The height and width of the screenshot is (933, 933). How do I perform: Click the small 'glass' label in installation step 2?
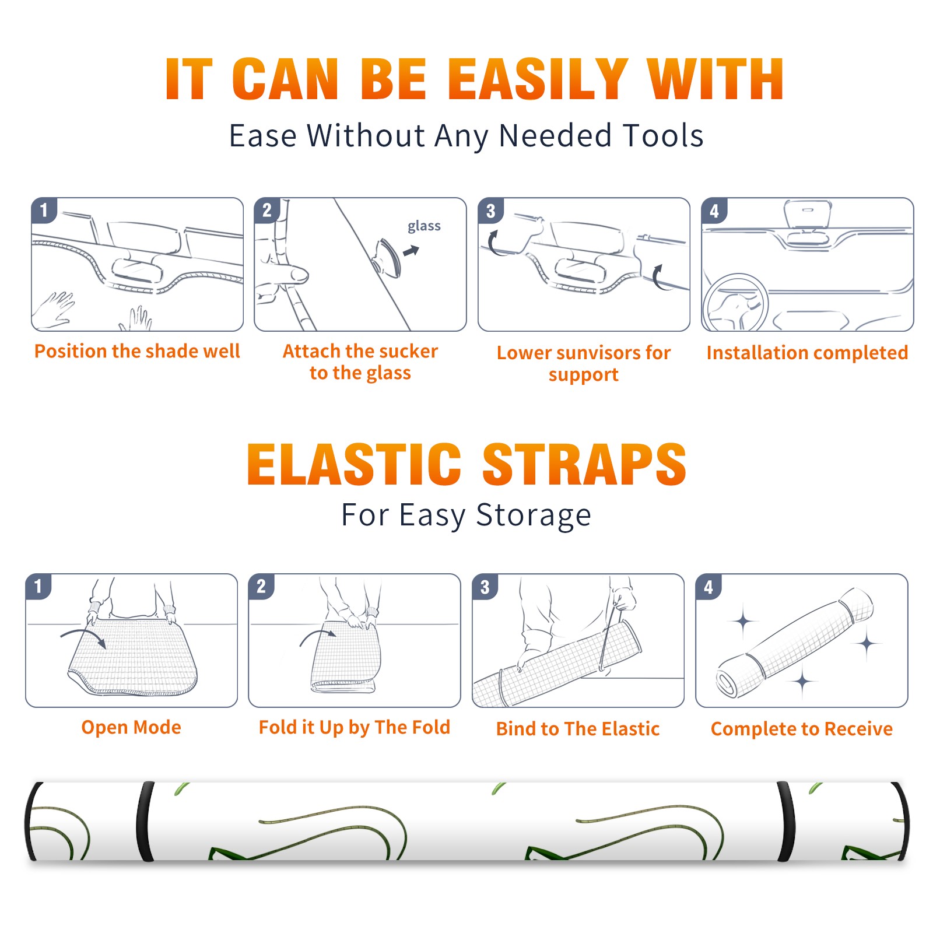(x=424, y=226)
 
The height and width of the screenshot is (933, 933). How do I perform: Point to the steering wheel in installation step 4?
(x=735, y=303)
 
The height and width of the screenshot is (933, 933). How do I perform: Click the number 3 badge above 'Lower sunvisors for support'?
(x=490, y=211)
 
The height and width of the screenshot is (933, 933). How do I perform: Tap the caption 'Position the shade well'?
(x=137, y=351)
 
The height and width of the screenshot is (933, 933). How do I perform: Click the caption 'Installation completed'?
(x=807, y=352)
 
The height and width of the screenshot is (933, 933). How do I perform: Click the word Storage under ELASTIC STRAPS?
(x=534, y=515)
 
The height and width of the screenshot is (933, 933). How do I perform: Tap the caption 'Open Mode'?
(x=131, y=727)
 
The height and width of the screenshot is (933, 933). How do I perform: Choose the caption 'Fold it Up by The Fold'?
(x=355, y=727)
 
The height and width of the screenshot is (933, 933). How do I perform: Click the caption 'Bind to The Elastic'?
(x=578, y=728)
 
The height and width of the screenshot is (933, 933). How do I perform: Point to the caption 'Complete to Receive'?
(x=802, y=729)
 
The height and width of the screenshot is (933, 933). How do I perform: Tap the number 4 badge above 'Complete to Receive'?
(x=708, y=587)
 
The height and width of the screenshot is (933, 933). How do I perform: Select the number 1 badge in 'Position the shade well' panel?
(x=44, y=211)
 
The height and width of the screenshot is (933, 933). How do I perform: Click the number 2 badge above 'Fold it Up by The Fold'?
(x=261, y=587)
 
